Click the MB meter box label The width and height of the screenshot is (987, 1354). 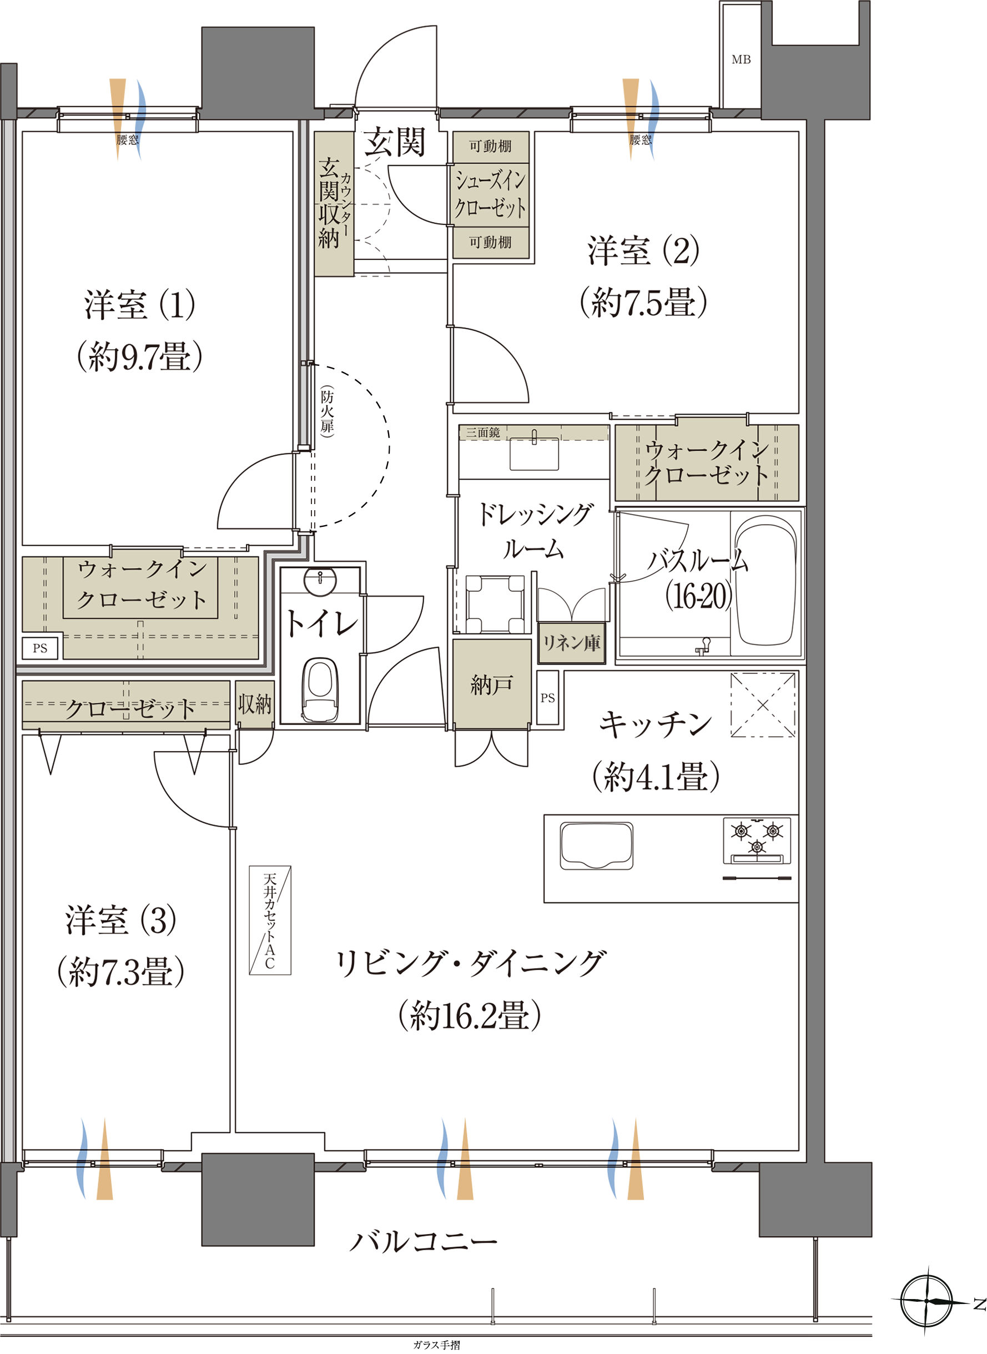pos(741,60)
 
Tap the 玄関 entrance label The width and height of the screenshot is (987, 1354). pos(395,142)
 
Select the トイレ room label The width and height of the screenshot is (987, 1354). pos(322,623)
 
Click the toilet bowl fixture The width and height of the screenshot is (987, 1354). pos(320,690)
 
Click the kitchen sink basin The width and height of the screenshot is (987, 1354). pos(596,845)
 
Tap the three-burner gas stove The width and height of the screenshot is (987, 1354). pos(757,840)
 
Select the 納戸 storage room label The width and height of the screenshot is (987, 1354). pos(492,684)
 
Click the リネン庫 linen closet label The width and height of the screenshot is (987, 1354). pos(572,643)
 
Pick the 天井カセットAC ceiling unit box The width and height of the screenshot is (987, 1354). pos(270,920)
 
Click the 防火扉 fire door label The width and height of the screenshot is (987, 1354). pos(327,412)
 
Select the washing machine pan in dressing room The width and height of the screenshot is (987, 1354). pos(495,604)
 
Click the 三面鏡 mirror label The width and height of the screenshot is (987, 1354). pos(483,432)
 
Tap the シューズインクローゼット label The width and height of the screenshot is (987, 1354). pos(491,194)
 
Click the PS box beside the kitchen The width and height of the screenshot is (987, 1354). pos(548,698)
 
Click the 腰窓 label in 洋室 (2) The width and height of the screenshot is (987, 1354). pos(641,140)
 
